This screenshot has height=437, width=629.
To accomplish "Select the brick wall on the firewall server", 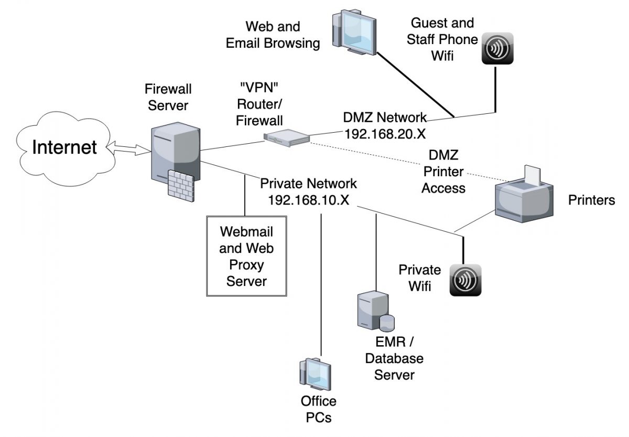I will tap(181, 184).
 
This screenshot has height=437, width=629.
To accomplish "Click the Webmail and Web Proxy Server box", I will tap(246, 256).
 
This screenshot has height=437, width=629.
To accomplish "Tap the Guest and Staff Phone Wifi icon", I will tap(497, 49).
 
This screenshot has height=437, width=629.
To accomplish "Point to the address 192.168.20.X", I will tap(384, 133).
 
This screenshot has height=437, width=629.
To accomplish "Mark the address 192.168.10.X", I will tap(308, 200).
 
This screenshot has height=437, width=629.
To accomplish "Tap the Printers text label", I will tap(591, 200).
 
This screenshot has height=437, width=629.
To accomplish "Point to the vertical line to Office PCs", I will tap(320, 283).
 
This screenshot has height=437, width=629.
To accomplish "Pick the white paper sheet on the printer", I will tap(532, 175).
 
